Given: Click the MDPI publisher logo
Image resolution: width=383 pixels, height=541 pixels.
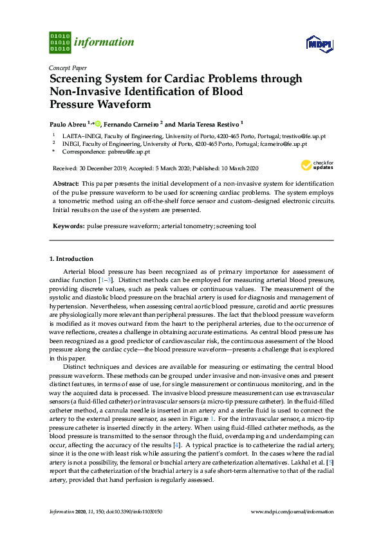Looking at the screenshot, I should [319, 43].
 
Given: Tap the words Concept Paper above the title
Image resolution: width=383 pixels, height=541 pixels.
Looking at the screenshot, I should [68, 67].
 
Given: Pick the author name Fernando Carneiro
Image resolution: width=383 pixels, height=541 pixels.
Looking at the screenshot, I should [131, 123].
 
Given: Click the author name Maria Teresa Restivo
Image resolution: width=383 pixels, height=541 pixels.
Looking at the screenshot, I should [207, 123].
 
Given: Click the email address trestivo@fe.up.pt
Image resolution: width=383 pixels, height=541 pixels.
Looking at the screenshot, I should [305, 136].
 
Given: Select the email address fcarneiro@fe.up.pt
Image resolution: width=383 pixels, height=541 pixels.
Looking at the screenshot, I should [283, 144].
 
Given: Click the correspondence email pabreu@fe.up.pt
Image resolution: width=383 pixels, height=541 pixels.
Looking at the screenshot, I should [129, 152].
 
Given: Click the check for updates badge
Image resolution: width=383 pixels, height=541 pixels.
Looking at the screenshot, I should [319, 166].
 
